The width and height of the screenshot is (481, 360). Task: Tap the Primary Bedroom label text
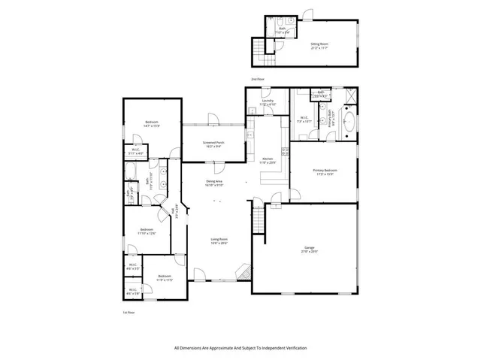[x=325, y=171]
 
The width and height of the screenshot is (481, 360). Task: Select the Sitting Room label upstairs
[x=319, y=45]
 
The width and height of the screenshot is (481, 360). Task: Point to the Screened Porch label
[x=216, y=144]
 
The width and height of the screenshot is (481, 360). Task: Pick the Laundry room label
[x=268, y=102]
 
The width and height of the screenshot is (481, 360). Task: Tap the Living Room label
[x=219, y=241]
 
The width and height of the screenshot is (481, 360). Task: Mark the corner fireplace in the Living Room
[x=242, y=272]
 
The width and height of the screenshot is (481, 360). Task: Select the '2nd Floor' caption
[x=258, y=79]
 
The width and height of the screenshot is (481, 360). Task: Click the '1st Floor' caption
[x=129, y=312]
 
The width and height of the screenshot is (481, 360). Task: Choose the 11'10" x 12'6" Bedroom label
[x=146, y=231]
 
